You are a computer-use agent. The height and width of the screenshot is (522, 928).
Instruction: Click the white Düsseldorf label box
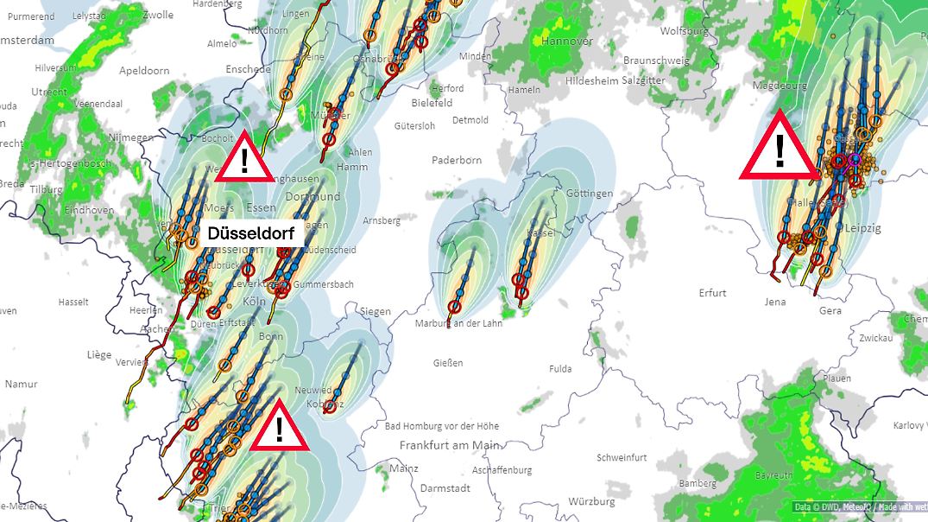click(x=250, y=234)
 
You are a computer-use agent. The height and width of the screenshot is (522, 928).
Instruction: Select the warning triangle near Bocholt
click(x=245, y=160)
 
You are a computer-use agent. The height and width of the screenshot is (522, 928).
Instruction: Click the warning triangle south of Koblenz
click(x=280, y=427)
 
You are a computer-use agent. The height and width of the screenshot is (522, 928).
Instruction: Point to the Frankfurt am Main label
click(x=450, y=445)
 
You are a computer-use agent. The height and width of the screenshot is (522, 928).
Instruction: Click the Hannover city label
click(x=567, y=41)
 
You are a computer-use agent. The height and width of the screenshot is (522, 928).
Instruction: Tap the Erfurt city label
click(x=713, y=293)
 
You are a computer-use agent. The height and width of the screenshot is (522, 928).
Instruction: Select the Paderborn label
click(x=457, y=160)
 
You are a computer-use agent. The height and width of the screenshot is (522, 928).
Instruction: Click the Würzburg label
click(x=591, y=501)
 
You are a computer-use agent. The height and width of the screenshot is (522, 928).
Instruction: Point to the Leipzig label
click(x=864, y=228)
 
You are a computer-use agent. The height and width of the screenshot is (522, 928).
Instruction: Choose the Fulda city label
click(x=560, y=369)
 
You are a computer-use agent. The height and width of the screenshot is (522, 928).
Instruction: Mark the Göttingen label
click(x=590, y=193)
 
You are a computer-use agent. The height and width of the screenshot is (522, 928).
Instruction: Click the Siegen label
click(x=376, y=311)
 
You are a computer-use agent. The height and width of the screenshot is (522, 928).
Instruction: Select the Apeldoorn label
click(x=145, y=71)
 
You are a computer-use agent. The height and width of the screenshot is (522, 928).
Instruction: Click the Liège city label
click(x=99, y=354)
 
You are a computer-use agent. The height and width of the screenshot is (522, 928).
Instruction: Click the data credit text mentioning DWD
click(x=859, y=506)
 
